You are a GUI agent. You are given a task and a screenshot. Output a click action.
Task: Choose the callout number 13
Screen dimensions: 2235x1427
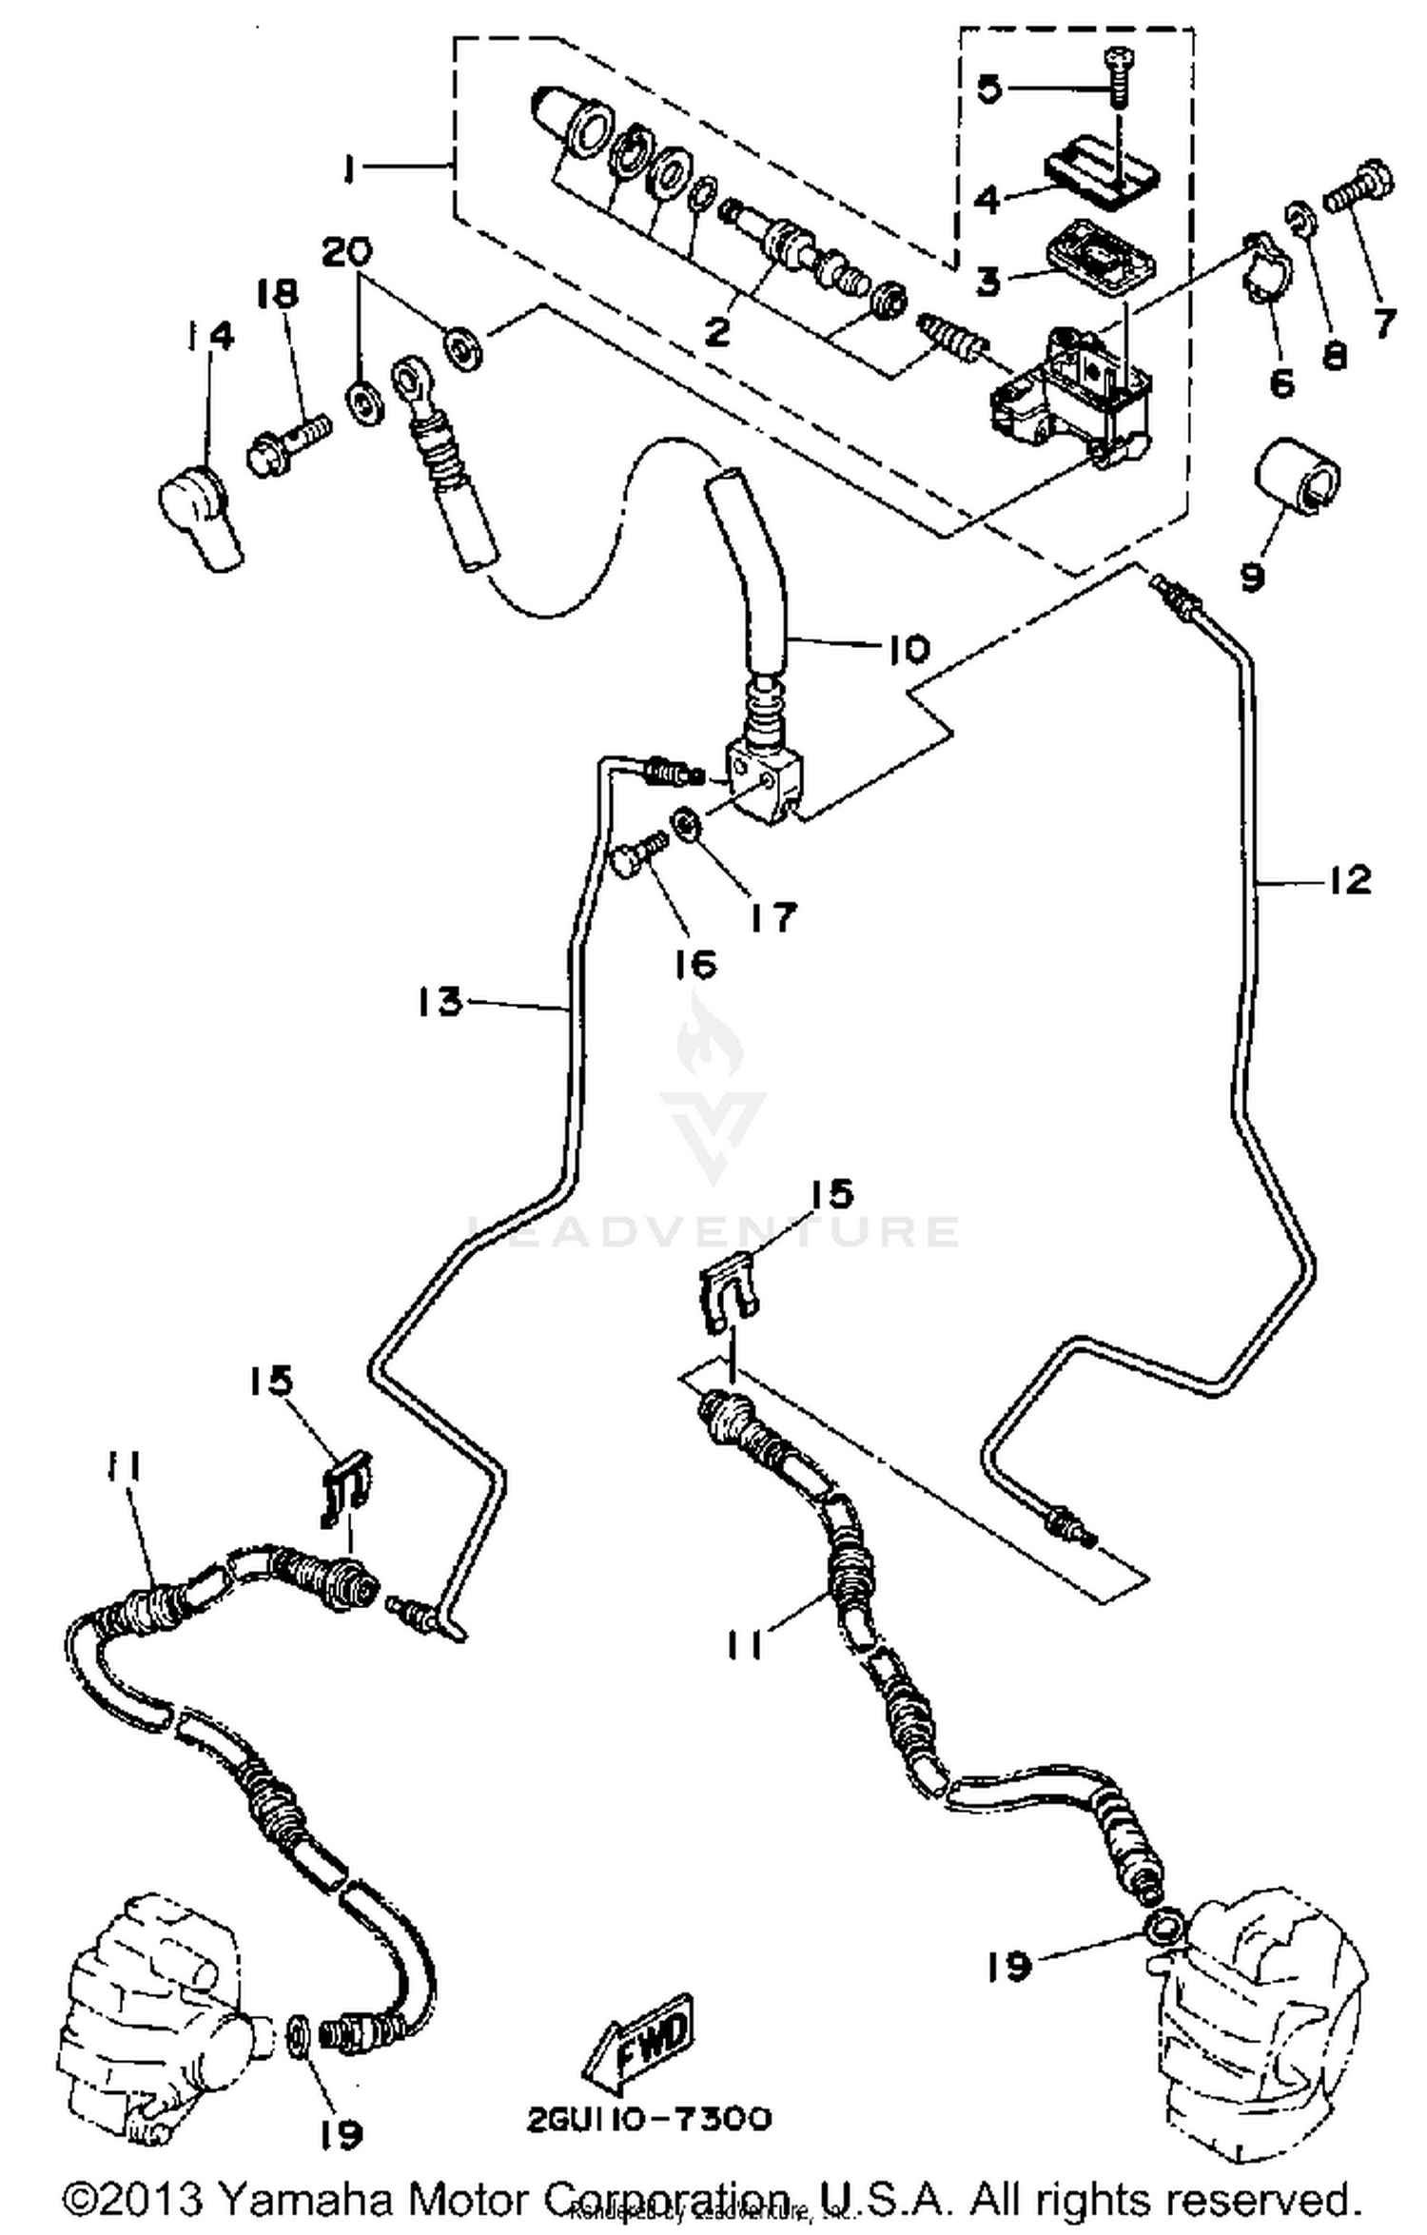(x=440, y=1002)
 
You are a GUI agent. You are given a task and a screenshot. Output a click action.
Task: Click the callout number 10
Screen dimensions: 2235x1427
(x=909, y=650)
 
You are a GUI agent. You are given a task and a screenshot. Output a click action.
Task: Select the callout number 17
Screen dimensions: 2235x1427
(x=772, y=918)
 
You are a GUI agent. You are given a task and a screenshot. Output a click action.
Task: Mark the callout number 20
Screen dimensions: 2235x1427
(x=346, y=254)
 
